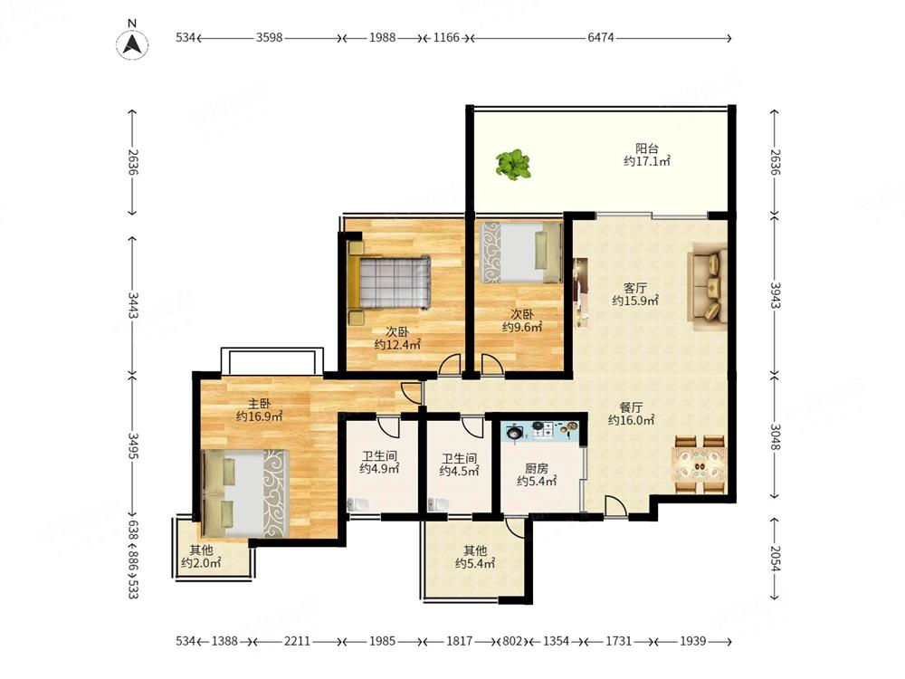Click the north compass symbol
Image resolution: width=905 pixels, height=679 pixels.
click(132, 43)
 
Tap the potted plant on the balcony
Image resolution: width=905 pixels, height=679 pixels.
click(513, 165)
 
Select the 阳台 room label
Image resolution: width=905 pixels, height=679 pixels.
click(647, 148)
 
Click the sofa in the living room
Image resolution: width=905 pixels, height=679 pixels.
click(707, 286)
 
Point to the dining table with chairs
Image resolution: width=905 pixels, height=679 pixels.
click(700, 465)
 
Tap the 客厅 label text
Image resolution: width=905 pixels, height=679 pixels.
click(635, 288)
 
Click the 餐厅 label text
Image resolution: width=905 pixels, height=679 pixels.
click(632, 407)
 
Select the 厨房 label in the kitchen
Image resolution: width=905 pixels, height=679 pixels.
click(537, 468)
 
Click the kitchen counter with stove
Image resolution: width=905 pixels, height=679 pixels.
click(541, 431)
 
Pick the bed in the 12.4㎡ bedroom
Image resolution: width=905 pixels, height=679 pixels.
click(389, 282)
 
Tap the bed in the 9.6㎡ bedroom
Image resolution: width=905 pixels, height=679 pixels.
click(522, 253)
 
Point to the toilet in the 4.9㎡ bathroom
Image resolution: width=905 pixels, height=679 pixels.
click(357, 504)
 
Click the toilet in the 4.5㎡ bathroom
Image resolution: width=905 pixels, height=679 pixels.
click(439, 504)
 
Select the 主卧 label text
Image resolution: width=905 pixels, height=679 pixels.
click(259, 403)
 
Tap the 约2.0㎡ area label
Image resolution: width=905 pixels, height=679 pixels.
click(201, 563)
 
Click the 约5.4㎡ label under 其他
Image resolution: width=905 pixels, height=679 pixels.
click(475, 563)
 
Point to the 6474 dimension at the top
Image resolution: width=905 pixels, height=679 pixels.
click(600, 37)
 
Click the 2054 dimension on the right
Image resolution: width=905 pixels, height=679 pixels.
click(776, 558)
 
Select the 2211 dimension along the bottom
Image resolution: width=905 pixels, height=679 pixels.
click(297, 641)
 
